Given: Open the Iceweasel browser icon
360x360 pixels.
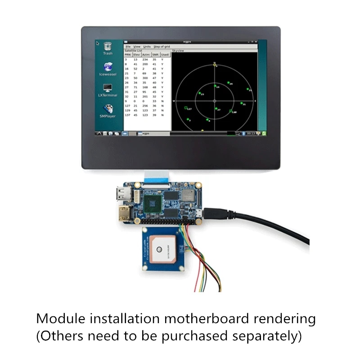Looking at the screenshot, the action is click(x=108, y=67).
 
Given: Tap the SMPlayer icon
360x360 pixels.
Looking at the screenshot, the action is click(x=108, y=109).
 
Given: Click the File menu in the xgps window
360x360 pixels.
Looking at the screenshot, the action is click(x=128, y=47).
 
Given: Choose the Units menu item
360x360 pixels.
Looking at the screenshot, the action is click(x=147, y=47).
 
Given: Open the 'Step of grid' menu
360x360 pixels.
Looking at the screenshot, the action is click(x=162, y=47).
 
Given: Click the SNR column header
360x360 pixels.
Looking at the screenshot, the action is click(x=156, y=54).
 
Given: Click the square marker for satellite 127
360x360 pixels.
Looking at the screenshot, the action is click(x=186, y=108).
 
